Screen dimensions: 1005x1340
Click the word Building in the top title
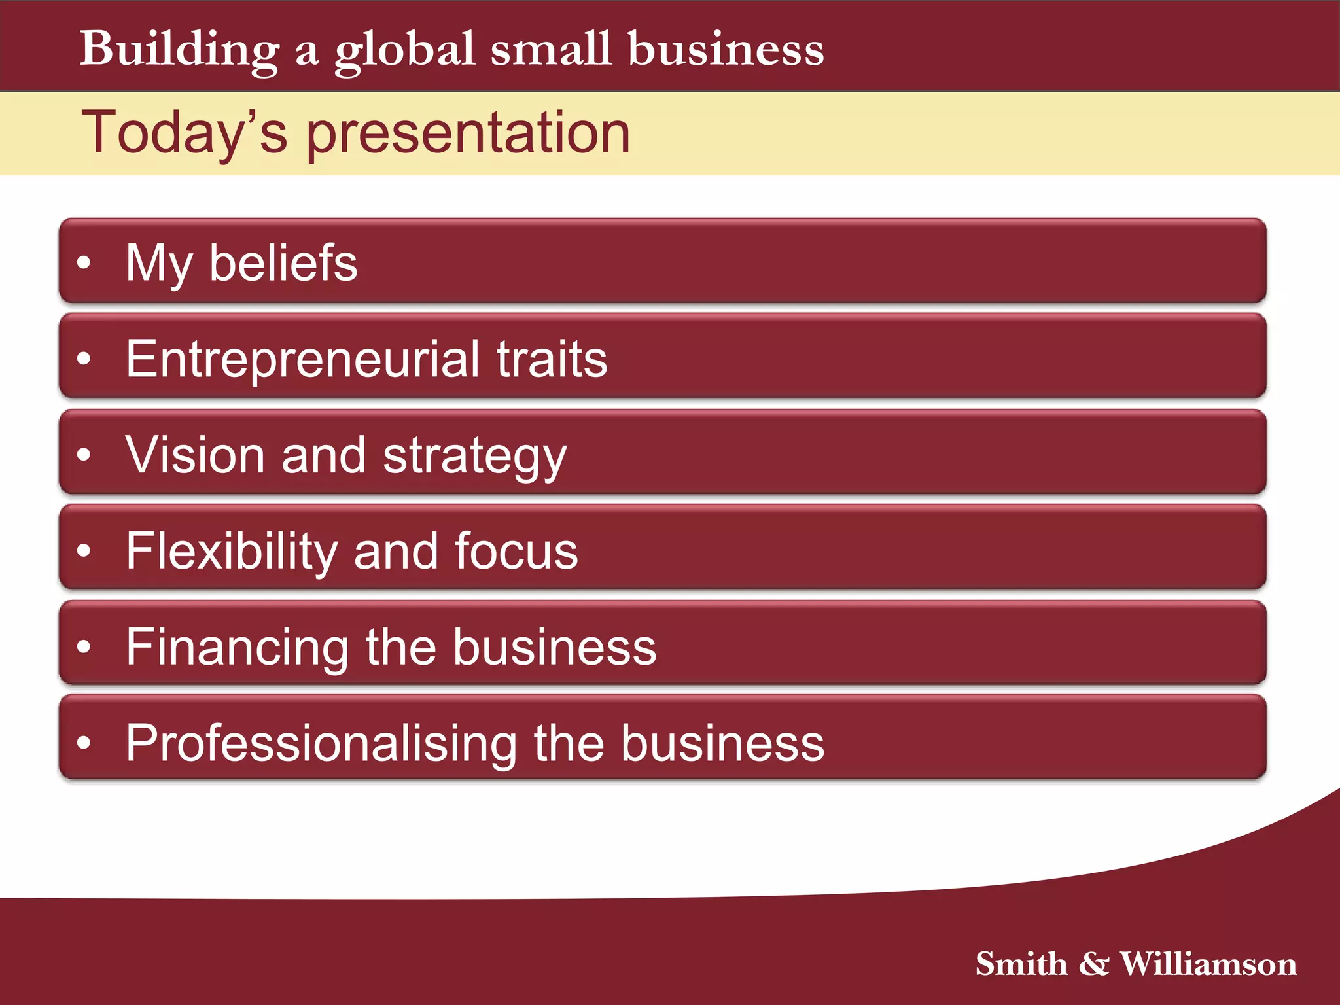click(179, 50)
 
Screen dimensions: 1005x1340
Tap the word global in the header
click(405, 51)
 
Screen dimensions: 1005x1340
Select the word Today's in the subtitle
click(184, 133)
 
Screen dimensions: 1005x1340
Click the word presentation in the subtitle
click(468, 134)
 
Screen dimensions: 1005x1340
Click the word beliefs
click(283, 263)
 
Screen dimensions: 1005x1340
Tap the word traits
click(552, 359)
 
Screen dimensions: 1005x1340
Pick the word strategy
click(475, 457)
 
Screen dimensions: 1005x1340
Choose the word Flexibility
click(232, 551)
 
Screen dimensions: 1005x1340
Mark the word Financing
click(238, 648)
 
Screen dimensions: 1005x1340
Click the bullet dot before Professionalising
click(84, 743)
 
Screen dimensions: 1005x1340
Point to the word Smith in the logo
click(1021, 964)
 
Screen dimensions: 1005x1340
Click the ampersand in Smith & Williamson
click(1094, 964)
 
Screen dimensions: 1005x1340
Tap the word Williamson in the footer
click(1208, 964)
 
